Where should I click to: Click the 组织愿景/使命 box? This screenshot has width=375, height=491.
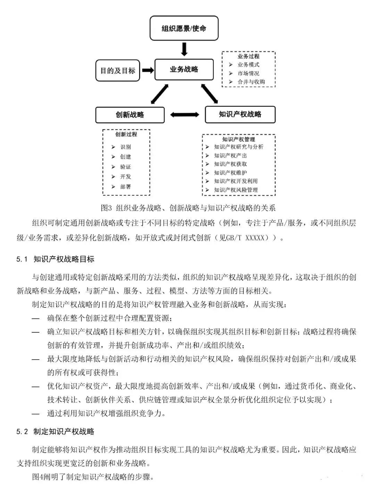pos(184,28)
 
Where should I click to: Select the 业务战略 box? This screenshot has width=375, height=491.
pos(184,70)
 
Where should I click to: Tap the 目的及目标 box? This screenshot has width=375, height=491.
pos(118,71)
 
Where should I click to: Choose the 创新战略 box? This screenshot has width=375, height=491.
pos(130,115)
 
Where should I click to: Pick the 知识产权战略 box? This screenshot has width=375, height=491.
pos(240,114)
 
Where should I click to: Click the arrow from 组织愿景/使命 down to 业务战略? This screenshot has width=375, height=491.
pos(184,49)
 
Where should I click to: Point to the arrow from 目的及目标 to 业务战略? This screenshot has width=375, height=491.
pos(148,70)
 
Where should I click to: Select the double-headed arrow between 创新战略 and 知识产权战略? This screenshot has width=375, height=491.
pos(185,114)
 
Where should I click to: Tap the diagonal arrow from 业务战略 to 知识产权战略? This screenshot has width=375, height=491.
pos(210,94)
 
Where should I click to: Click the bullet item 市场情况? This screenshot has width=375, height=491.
pos(248,73)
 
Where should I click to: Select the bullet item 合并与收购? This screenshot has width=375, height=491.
pos(251,82)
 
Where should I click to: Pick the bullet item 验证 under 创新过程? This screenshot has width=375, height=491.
pos(125,167)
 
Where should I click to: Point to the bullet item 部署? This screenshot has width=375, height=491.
pos(125,187)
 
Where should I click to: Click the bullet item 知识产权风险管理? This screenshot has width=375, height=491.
pos(236,190)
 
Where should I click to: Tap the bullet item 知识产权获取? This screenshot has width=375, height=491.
pos(230,164)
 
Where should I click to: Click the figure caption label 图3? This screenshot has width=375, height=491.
pos(106,208)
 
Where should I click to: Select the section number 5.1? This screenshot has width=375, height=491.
pos(22,259)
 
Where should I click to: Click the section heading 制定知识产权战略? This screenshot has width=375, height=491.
pos(64,432)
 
